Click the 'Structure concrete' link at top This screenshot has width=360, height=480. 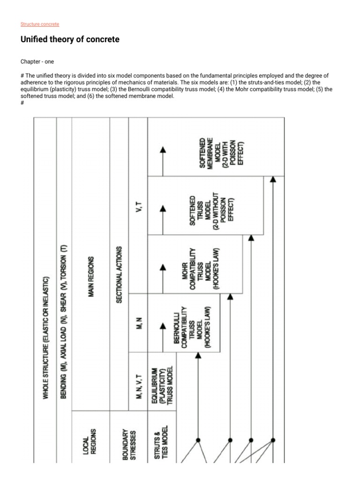40,24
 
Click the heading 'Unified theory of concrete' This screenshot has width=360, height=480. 70,40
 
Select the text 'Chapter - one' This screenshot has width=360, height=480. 37,61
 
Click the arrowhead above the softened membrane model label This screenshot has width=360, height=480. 163,150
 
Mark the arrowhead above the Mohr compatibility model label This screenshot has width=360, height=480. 163,268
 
